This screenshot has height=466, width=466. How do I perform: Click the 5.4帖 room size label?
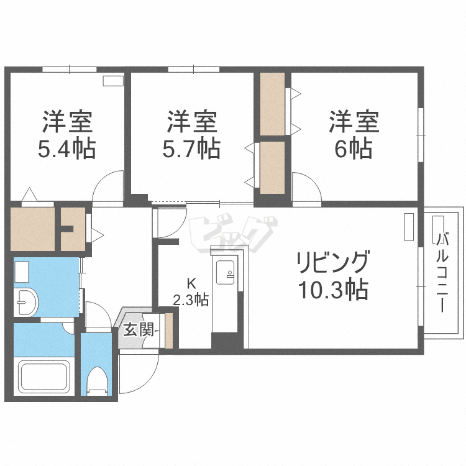(68, 150)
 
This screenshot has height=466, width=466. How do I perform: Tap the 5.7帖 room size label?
(192, 150)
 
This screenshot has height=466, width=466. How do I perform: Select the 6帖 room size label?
(354, 150)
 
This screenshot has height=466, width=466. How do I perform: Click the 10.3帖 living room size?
(333, 290)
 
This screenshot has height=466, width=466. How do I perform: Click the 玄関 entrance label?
(137, 329)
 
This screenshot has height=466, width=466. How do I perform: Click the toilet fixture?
(97, 380)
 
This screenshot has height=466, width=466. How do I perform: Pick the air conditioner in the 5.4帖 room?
(114, 80)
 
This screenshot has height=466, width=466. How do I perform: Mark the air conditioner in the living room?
(408, 227)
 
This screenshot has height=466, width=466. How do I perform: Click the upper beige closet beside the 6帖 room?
(273, 104)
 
